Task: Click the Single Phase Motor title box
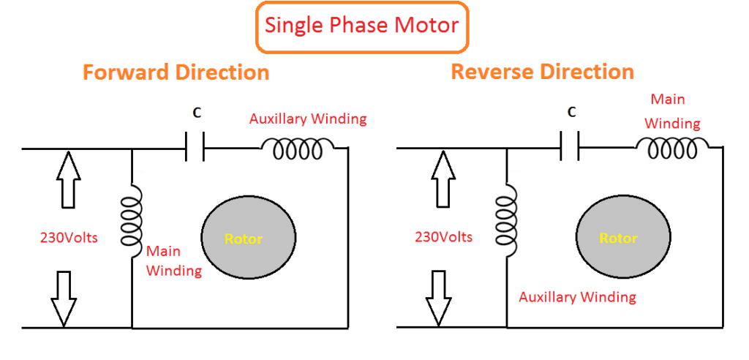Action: click(363, 26)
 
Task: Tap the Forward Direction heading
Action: click(176, 72)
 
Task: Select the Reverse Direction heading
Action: click(543, 72)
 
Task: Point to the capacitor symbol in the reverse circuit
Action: click(569, 146)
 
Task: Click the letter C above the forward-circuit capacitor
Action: click(197, 113)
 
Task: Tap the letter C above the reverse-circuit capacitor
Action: click(572, 112)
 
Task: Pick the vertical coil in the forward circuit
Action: click(132, 221)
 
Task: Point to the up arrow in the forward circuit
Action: click(69, 180)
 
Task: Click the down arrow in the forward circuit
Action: click(64, 299)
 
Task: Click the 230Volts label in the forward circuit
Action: click(69, 238)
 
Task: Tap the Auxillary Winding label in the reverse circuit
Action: click(578, 297)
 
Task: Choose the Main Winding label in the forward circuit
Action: click(174, 261)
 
